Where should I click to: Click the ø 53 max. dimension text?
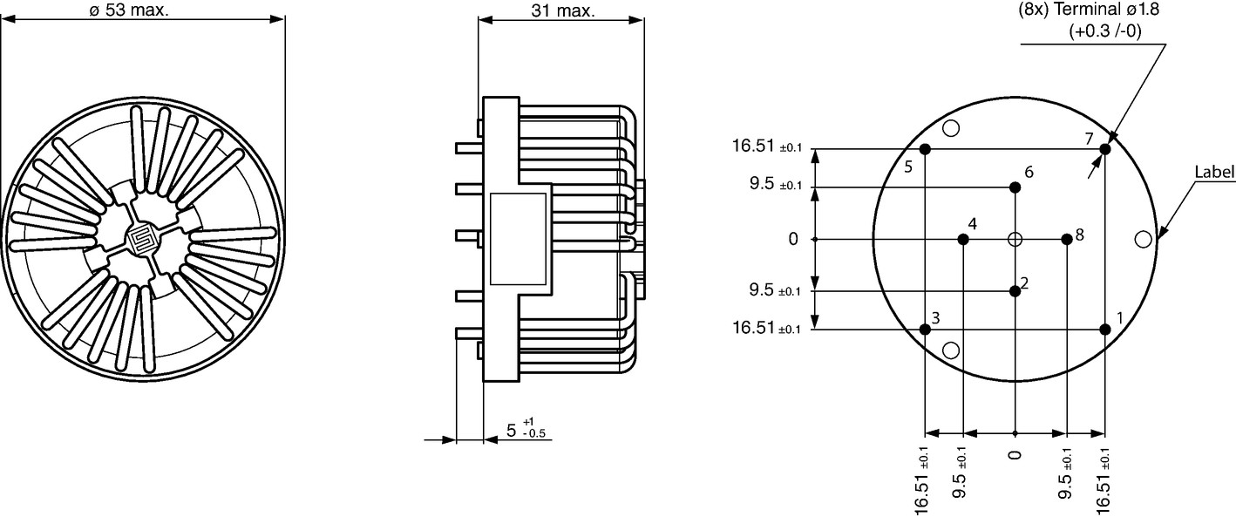[128, 10]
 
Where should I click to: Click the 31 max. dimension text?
[563, 10]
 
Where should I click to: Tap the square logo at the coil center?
[142, 240]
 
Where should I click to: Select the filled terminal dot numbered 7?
[1104, 149]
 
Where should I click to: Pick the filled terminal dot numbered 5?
[926, 149]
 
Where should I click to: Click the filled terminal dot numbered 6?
[1015, 187]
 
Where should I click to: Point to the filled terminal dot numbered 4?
[963, 240]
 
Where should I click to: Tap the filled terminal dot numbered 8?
[1067, 239]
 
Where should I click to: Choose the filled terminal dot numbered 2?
[1015, 291]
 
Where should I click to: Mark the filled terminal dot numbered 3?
[926, 330]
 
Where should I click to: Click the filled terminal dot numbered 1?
[1104, 330]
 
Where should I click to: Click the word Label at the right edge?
[1214, 172]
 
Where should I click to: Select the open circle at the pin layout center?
[1015, 240]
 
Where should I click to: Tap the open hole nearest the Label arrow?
[1144, 240]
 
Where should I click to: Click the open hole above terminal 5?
[951, 128]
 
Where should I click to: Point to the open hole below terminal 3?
[951, 350]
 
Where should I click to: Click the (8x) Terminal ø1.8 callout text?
[1089, 10]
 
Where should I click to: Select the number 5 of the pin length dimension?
[512, 431]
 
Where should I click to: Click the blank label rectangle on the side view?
[518, 239]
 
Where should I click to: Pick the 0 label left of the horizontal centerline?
[793, 240]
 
